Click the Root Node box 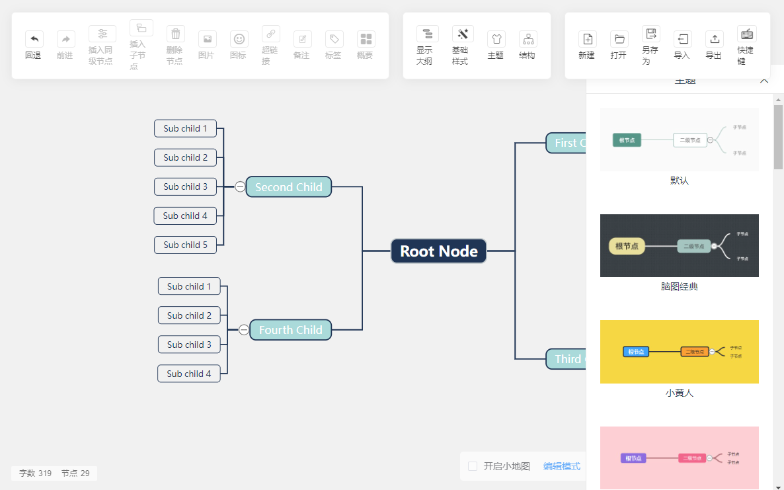point(439,251)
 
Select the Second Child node point(288,187)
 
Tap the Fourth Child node point(290,330)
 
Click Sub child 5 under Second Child point(185,245)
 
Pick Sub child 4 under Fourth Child point(188,374)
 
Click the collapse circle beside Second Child point(240,187)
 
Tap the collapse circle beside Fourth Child point(244,330)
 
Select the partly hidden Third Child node point(566,359)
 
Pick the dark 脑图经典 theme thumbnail point(679,245)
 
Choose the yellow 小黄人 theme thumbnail point(679,352)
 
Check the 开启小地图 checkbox point(473,466)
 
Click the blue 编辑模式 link point(561,466)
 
